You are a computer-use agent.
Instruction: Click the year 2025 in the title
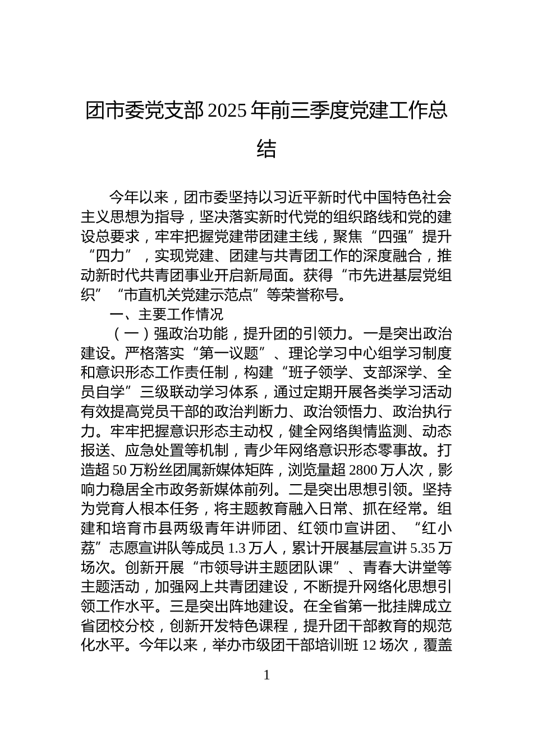(x=227, y=111)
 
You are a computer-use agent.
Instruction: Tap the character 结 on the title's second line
(x=266, y=149)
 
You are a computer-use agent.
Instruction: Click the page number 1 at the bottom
(x=266, y=675)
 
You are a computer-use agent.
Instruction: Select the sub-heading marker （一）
(x=130, y=334)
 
